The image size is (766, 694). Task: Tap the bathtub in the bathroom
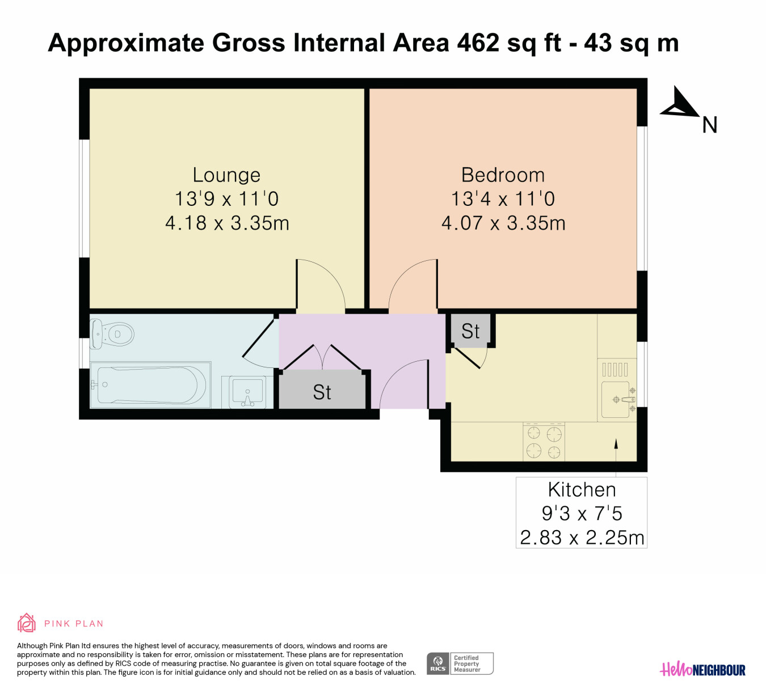click(150, 385)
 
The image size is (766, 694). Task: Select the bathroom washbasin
click(247, 392)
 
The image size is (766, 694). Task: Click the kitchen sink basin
click(615, 400)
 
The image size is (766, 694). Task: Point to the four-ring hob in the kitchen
click(544, 442)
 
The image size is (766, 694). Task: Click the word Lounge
click(226, 175)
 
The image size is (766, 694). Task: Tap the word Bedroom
click(503, 175)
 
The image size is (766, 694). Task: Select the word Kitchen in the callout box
click(582, 490)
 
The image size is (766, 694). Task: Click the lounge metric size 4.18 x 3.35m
click(227, 223)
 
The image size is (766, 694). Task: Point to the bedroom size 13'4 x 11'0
click(503, 199)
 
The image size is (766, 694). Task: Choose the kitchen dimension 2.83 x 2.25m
click(582, 538)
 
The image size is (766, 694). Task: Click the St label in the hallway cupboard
click(322, 392)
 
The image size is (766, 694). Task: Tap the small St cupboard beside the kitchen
click(470, 331)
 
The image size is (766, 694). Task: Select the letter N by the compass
click(709, 125)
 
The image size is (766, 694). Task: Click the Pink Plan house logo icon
click(26, 623)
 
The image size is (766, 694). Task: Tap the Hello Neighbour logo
click(702, 670)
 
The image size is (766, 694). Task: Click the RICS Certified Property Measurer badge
click(460, 663)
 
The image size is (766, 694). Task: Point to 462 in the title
click(478, 43)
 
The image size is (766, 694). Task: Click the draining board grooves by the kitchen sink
click(615, 369)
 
